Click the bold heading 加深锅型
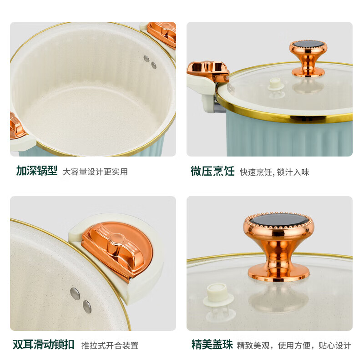37,171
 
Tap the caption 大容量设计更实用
95,172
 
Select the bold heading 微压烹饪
212,172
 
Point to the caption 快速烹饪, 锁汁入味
274,172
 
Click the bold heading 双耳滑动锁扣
43,344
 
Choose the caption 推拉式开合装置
110,345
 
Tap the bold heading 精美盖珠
212,344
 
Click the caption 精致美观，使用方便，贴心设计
294,345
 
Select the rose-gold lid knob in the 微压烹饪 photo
308,58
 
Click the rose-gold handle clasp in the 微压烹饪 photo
208,71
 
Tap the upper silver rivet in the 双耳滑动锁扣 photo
75,293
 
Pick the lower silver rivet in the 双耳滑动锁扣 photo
87,307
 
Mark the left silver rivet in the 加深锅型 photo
146,59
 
